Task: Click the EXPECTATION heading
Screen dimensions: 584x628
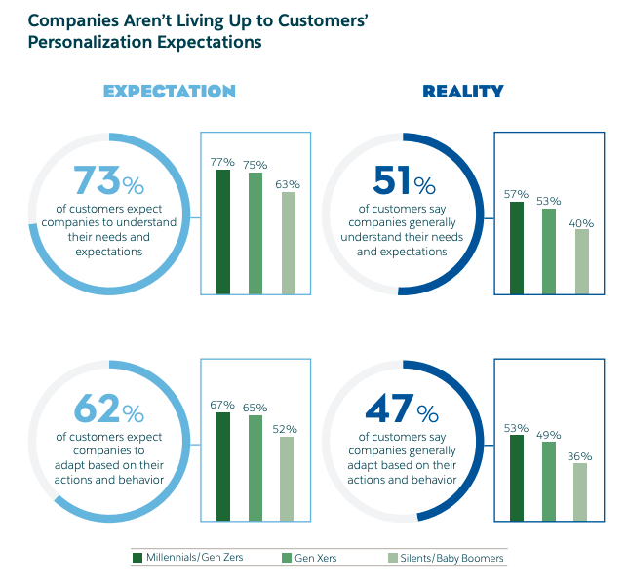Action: [170, 92]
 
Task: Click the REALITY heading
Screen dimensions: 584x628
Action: [462, 92]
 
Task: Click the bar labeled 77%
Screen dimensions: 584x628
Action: [223, 231]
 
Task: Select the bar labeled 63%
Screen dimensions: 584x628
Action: [288, 242]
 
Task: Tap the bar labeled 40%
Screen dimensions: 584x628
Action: [582, 260]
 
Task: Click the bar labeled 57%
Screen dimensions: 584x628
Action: [517, 247]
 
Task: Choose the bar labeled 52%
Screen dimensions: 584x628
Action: [288, 478]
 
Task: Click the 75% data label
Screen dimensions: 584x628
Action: [255, 164]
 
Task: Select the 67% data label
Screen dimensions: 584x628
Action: [223, 403]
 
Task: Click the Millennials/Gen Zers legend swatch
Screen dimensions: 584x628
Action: [137, 558]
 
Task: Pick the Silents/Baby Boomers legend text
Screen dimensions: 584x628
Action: [451, 558]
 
